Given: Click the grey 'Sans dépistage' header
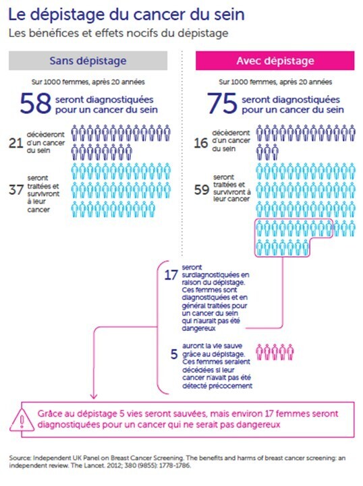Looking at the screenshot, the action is coord(88,61).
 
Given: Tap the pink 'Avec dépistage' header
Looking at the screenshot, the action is coord(275,61).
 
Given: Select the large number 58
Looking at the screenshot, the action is coord(35,103).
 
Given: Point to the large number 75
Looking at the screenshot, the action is coord(222,103).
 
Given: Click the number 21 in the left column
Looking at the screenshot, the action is coord(16,143).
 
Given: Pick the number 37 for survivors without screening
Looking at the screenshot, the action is coord(16,189).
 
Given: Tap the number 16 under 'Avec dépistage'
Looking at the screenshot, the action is coord(201,143).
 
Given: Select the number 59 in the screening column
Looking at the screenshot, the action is coord(202,189).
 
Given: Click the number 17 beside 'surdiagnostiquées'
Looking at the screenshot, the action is coord(171,275).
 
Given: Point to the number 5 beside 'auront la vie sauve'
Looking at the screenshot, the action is coord(174,354).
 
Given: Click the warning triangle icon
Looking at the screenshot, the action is coord(22,420).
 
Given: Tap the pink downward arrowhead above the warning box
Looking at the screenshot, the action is coord(94,396).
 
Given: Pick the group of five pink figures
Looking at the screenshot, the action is coord(275,352).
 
